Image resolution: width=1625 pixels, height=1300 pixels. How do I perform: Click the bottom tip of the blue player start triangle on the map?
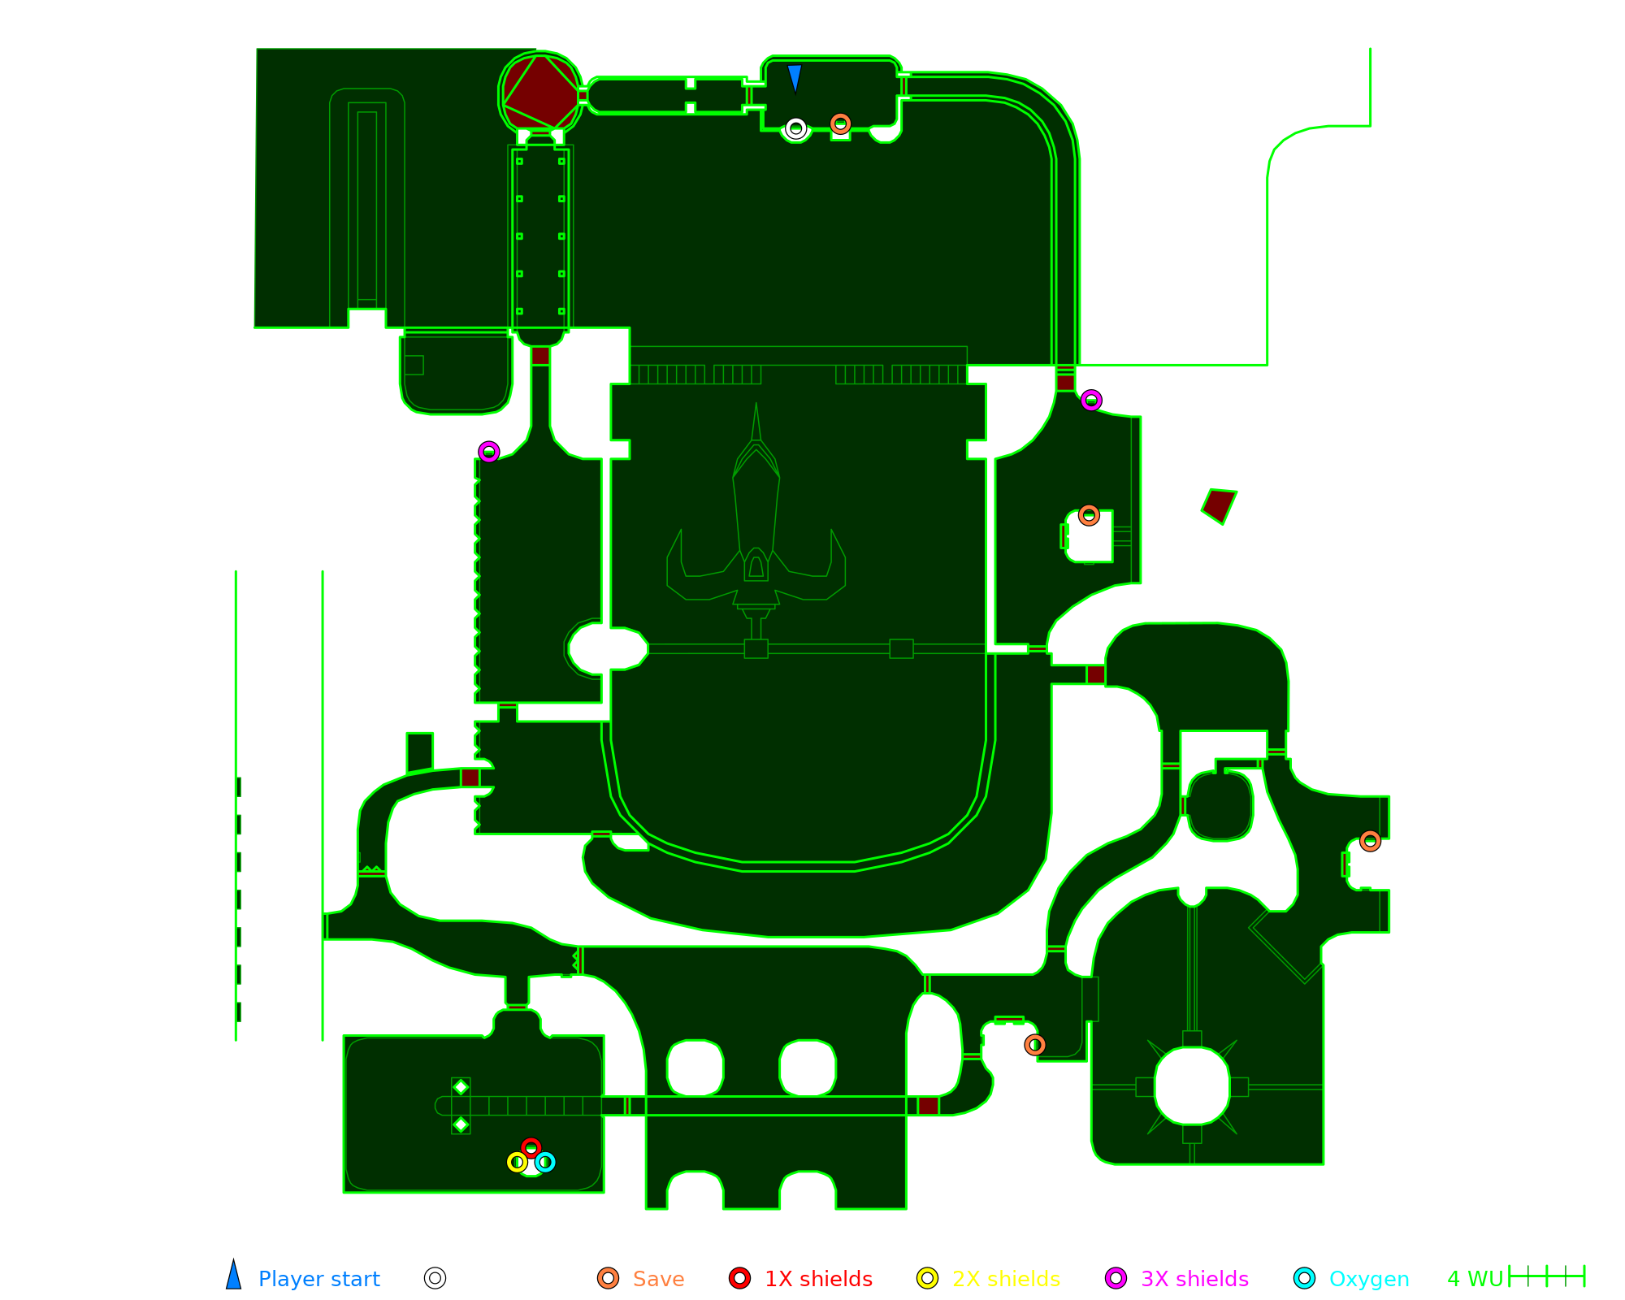click(x=795, y=93)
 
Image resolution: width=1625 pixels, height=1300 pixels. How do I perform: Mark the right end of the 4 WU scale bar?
click(x=1584, y=1276)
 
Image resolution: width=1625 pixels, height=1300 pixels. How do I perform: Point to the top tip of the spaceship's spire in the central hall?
click(x=756, y=403)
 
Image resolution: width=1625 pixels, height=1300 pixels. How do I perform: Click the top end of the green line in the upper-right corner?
click(x=1370, y=49)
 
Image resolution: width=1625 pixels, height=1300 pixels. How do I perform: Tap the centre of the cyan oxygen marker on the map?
click(x=545, y=1162)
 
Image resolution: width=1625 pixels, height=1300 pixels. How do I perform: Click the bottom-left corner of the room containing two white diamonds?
click(x=344, y=1192)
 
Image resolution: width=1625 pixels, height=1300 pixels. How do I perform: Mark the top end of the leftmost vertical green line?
click(x=236, y=571)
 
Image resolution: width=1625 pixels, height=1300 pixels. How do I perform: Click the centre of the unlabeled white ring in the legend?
click(x=435, y=1278)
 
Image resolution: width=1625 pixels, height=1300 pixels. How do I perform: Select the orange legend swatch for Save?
click(x=608, y=1278)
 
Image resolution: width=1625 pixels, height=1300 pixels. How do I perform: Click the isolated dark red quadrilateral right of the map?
click(x=1219, y=505)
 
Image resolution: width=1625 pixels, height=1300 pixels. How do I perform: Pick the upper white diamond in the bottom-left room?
click(x=461, y=1087)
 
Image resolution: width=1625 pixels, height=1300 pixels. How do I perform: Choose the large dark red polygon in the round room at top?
click(x=540, y=92)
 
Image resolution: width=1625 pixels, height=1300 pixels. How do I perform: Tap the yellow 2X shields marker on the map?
click(x=517, y=1162)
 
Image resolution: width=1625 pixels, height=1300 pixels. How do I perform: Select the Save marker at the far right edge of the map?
click(x=1370, y=841)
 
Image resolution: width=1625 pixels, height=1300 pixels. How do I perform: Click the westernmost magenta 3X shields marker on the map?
click(x=488, y=452)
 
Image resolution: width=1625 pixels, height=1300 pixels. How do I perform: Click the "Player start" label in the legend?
click(x=318, y=1279)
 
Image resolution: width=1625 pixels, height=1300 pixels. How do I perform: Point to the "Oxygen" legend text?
click(x=1369, y=1279)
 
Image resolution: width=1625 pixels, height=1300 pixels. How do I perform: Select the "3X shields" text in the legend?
click(x=1194, y=1279)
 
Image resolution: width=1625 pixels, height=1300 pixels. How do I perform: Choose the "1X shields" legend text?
click(x=818, y=1279)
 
